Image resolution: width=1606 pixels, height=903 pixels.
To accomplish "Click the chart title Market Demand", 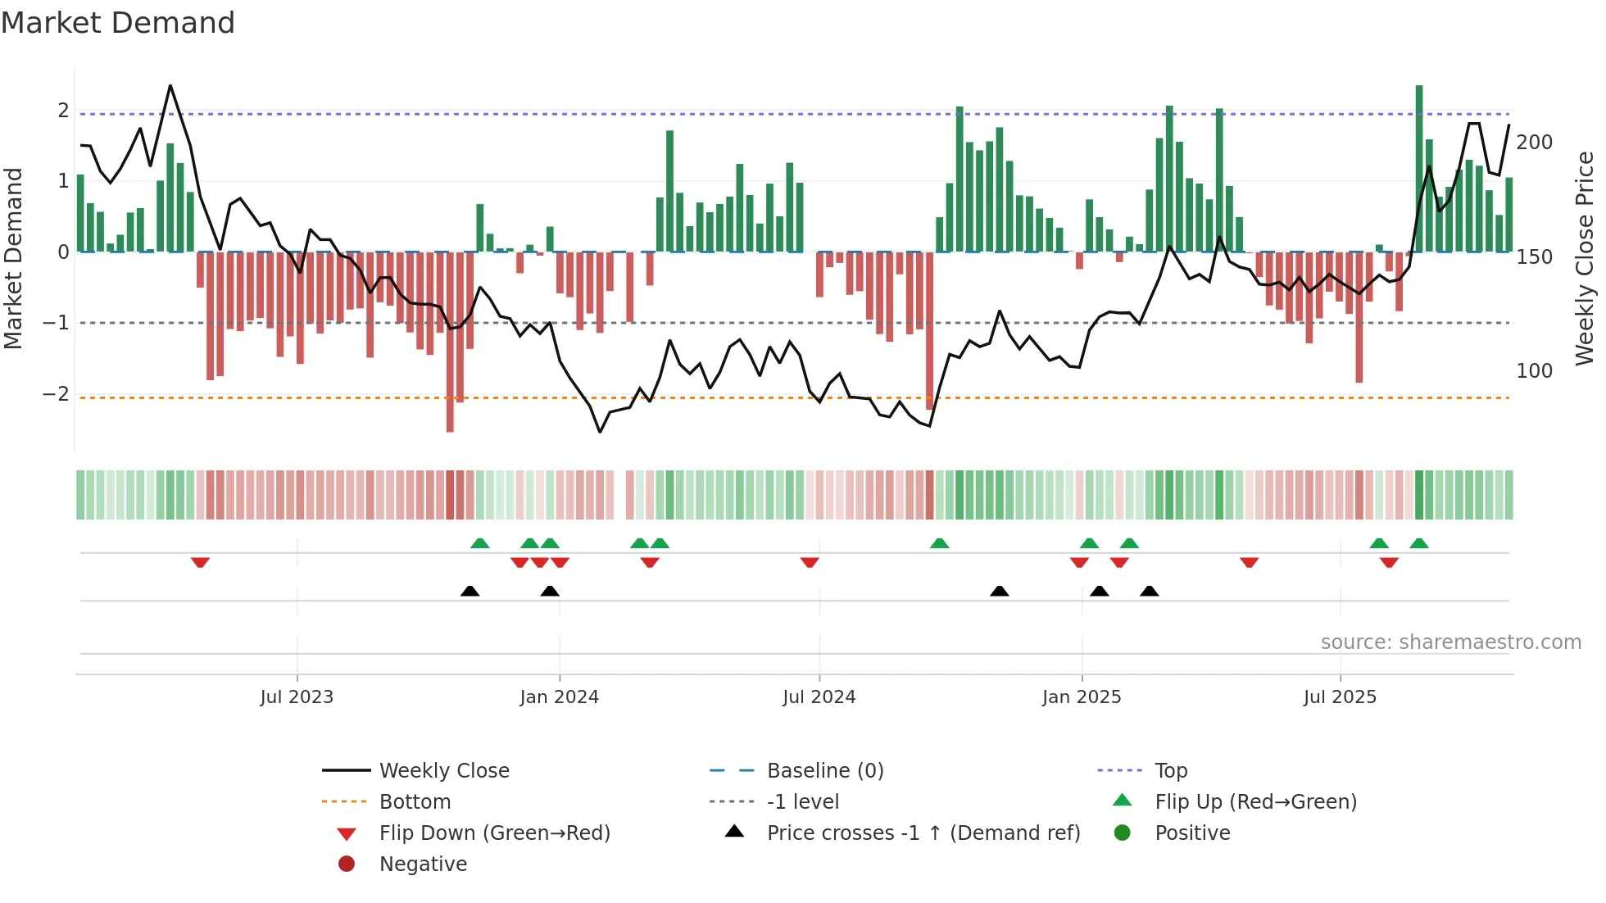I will tap(118, 23).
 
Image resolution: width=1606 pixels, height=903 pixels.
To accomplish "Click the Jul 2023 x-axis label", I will tap(297, 697).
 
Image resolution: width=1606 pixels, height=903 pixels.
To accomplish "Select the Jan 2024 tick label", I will tap(559, 697).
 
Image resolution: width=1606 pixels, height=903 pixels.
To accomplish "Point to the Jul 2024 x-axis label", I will tap(819, 697).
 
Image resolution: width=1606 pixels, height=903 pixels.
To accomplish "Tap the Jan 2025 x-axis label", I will tap(1082, 697).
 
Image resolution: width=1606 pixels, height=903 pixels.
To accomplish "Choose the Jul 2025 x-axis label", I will tap(1340, 697).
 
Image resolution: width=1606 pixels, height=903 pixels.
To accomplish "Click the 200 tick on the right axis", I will tap(1534, 143).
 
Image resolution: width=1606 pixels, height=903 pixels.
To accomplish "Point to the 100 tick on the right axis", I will tap(1534, 371).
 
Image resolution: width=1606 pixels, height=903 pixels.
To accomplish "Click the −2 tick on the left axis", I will tap(56, 394).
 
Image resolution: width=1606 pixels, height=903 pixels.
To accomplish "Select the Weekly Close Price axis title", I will tap(1585, 258).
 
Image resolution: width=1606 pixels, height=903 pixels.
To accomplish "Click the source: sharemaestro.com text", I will tap(1450, 642).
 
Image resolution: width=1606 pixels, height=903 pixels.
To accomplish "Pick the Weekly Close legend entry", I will tap(443, 771).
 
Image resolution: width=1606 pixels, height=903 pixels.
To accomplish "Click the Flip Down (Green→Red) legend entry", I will tap(494, 833).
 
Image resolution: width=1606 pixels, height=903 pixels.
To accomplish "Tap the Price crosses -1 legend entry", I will tap(923, 833).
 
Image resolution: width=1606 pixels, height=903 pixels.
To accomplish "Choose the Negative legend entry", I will tap(423, 864).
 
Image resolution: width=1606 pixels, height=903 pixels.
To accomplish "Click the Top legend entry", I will tap(1170, 771).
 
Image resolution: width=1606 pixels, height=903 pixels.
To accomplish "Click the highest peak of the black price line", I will tap(170, 86).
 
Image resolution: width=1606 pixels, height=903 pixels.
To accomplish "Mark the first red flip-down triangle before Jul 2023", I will tap(200, 562).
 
